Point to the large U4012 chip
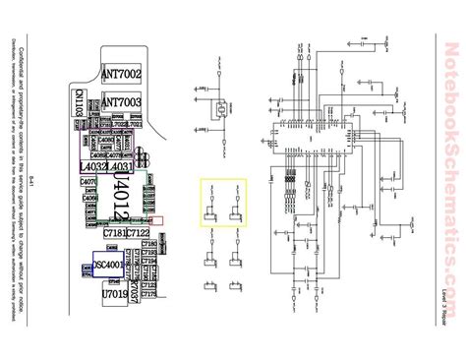[121, 189]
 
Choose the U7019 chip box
[114, 292]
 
